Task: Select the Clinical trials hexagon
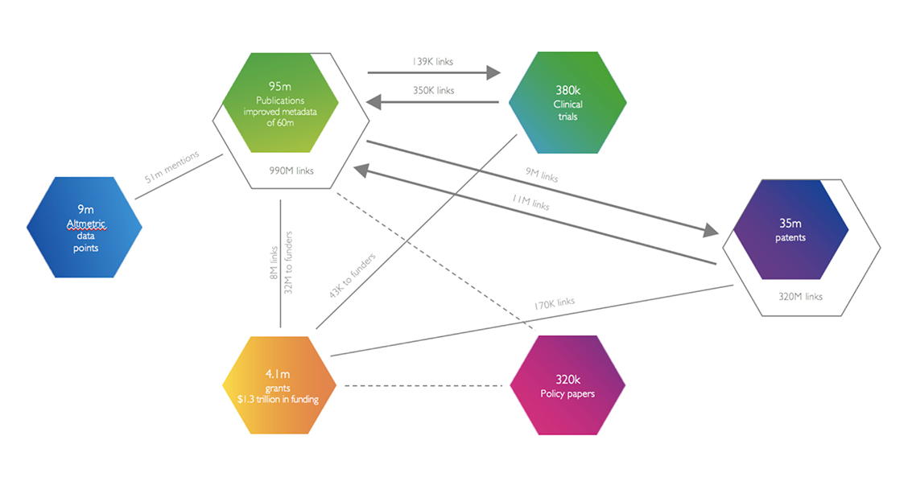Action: [567, 102]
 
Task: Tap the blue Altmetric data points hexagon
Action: [85, 228]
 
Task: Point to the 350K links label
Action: [433, 90]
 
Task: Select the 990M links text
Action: [293, 170]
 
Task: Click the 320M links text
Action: [801, 296]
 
